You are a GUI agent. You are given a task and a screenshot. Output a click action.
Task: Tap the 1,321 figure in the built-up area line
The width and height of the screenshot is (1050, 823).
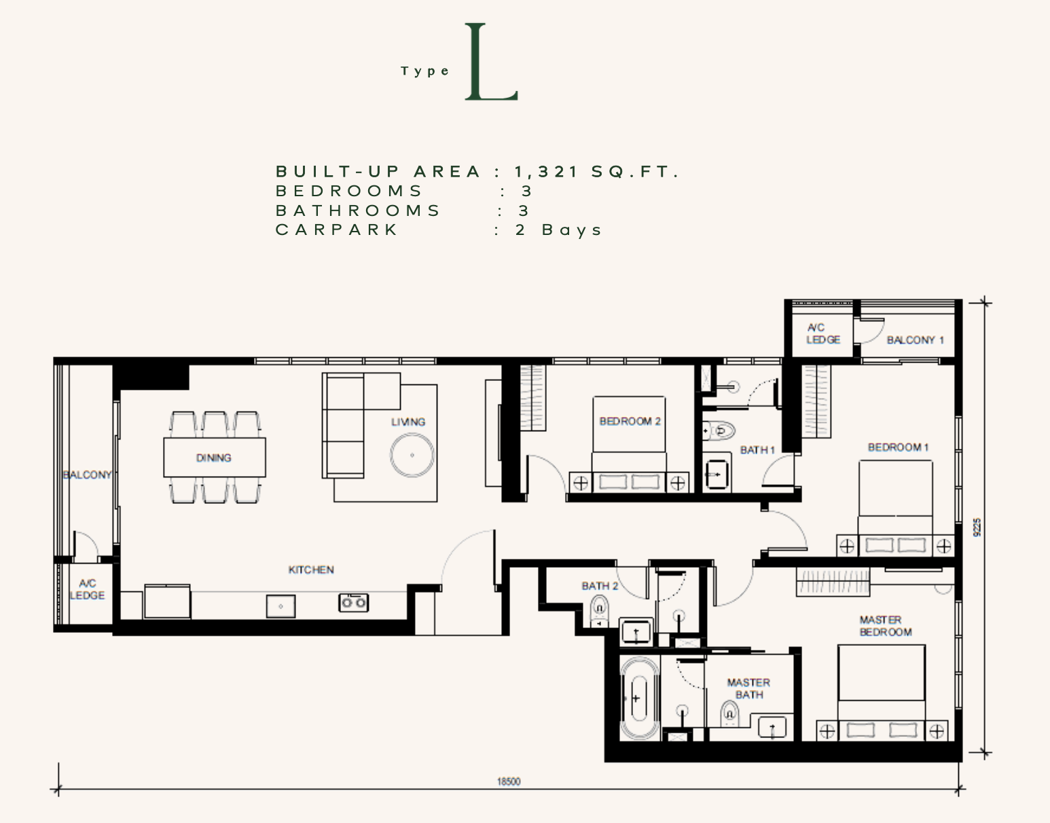point(547,171)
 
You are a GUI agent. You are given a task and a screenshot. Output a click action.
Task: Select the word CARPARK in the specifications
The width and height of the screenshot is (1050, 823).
point(336,230)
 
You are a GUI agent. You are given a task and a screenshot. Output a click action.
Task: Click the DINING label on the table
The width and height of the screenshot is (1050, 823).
point(213,458)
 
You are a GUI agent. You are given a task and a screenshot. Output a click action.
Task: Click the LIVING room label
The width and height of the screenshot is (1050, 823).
point(408,422)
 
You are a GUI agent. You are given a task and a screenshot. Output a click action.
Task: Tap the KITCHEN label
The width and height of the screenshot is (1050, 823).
point(311,570)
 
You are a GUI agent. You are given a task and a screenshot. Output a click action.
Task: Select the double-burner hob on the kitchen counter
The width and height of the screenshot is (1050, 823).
point(354,602)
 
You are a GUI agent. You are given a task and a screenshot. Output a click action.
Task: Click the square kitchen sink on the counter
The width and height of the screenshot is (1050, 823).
point(280,606)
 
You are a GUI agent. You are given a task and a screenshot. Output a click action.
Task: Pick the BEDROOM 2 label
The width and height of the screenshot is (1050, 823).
point(630,421)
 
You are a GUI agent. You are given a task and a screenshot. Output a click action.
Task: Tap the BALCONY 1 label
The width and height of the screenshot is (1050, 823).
point(916,340)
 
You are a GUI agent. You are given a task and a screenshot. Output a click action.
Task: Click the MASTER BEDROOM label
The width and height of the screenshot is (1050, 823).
point(885,625)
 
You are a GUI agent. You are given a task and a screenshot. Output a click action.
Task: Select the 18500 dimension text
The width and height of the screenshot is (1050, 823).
point(509,782)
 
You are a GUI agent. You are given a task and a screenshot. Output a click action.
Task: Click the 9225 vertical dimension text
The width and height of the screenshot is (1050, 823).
point(977,528)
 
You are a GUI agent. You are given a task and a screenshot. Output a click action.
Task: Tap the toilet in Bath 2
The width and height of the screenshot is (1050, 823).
point(600,611)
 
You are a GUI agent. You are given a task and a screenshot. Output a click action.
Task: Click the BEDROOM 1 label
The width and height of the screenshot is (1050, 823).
point(898,447)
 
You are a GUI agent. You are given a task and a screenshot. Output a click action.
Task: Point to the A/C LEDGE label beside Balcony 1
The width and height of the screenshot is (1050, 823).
point(822,333)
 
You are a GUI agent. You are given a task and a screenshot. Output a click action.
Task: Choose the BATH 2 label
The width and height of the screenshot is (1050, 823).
point(600,586)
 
